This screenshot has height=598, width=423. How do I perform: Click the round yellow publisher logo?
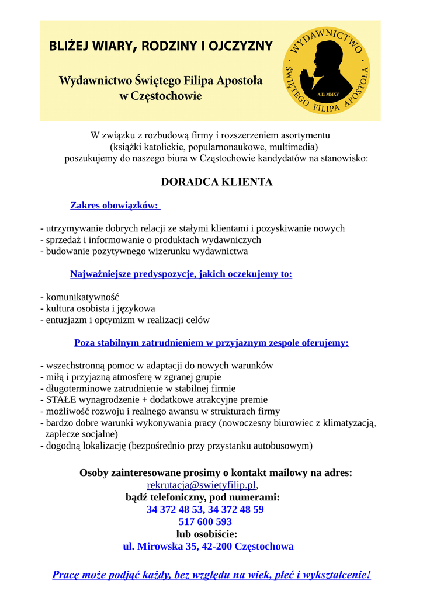point(327,71)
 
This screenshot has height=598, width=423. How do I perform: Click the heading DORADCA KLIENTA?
point(217,182)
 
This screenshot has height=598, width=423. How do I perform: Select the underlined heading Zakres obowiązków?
point(115,206)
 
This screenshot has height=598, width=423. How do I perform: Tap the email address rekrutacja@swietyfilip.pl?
point(202,485)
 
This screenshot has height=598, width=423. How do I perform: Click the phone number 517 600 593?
point(205,522)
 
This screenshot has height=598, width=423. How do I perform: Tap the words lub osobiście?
point(207,534)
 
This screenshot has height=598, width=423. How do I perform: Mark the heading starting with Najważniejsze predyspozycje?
point(181,274)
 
